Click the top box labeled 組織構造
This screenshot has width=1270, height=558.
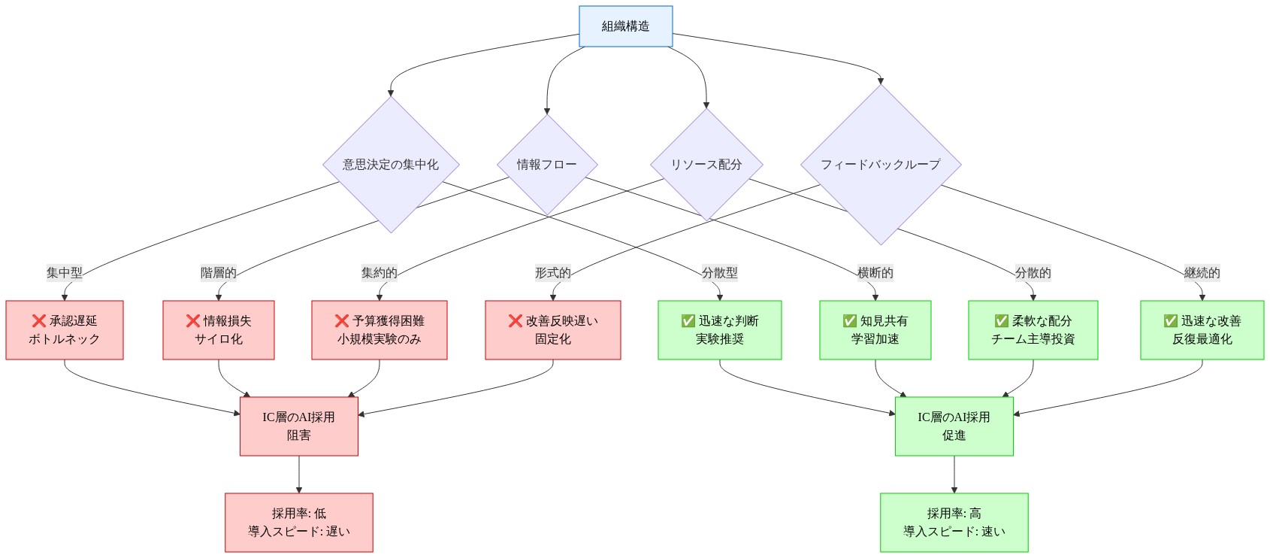pyautogui.click(x=625, y=26)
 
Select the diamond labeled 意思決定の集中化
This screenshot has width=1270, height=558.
pyautogui.click(x=391, y=164)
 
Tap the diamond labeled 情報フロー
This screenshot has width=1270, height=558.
pyautogui.click(x=546, y=164)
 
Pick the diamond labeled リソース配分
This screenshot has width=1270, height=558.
pyautogui.click(x=706, y=164)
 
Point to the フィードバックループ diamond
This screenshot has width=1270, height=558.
pyautogui.click(x=880, y=164)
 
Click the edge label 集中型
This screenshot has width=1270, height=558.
pyautogui.click(x=65, y=272)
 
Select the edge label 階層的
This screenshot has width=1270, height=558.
pyautogui.click(x=219, y=272)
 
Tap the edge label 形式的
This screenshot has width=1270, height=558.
pyautogui.click(x=553, y=272)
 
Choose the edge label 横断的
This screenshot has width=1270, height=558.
pyautogui.click(x=875, y=272)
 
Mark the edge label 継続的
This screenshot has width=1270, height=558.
pyautogui.click(x=1202, y=272)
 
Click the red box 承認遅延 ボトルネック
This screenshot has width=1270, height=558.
pyautogui.click(x=65, y=330)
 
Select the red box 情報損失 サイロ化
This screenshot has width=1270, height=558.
pyautogui.click(x=219, y=330)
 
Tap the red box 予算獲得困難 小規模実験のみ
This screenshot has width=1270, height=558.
pyautogui.click(x=379, y=330)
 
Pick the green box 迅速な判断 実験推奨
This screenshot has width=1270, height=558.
pyautogui.click(x=720, y=330)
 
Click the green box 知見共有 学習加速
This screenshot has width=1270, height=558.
pyautogui.click(x=875, y=330)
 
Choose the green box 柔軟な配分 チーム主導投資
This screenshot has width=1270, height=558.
pyautogui.click(x=1033, y=330)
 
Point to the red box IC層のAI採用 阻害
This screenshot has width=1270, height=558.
pyautogui.click(x=299, y=426)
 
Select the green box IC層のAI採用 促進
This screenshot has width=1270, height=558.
pyautogui.click(x=954, y=426)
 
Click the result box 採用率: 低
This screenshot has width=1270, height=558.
pyautogui.click(x=299, y=523)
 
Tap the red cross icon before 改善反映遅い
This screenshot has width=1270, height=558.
pyautogui.click(x=515, y=321)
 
